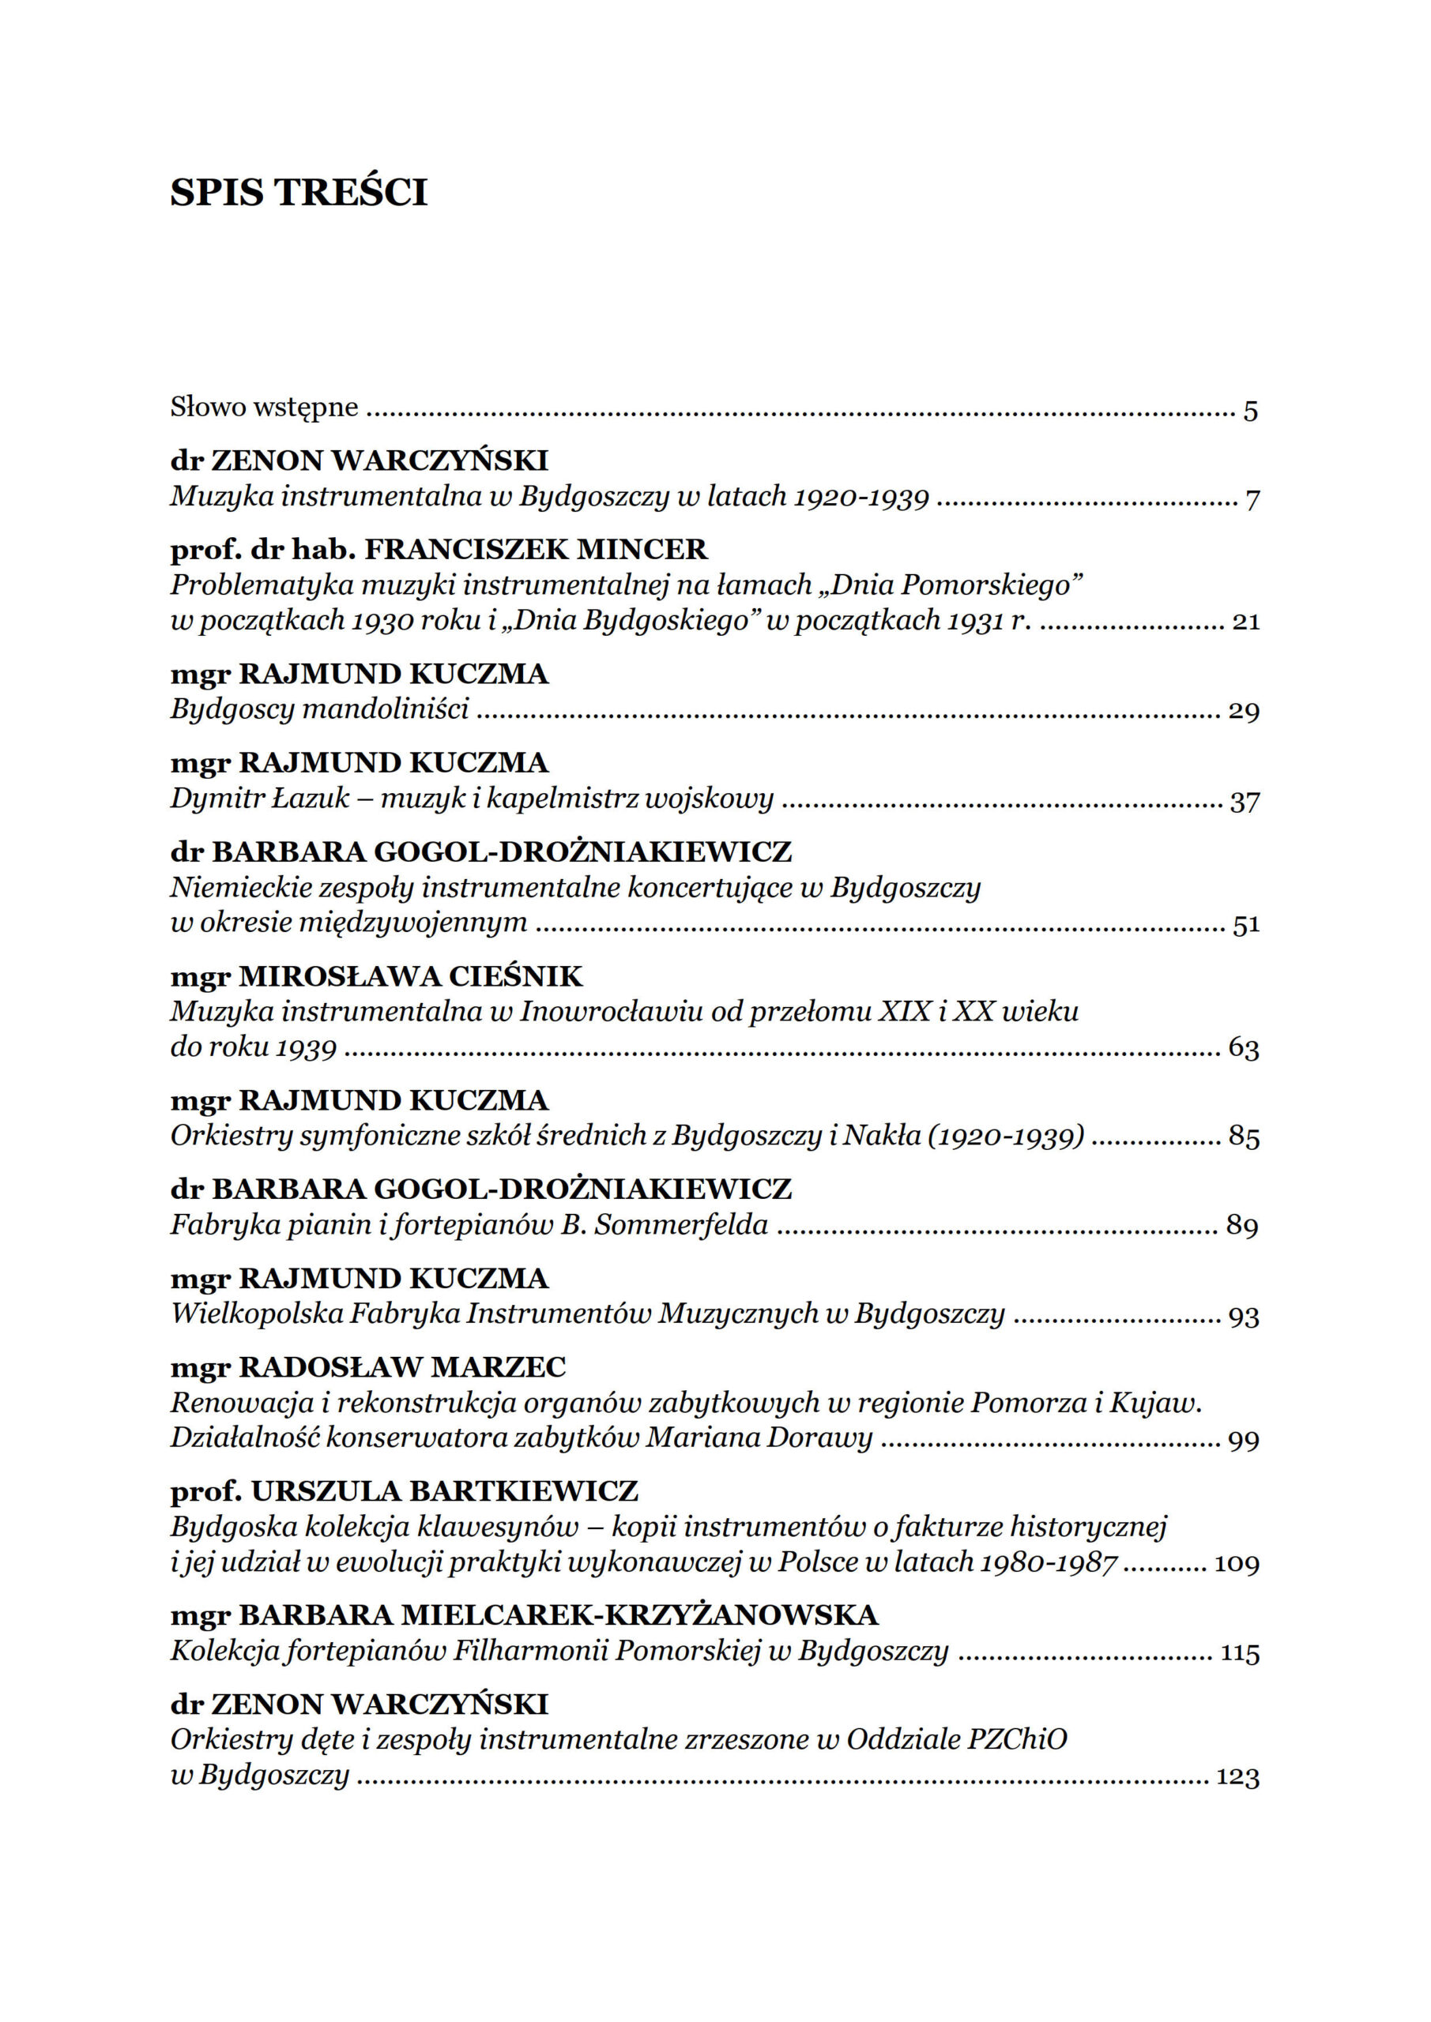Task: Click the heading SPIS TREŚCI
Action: pos(298,192)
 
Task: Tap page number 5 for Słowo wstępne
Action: pos(1250,412)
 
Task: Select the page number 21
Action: pos(1245,622)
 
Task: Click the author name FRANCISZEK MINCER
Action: pos(536,550)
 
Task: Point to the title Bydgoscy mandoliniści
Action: pos(319,709)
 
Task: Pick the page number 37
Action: pos(1245,801)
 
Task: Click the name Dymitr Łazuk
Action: pos(260,799)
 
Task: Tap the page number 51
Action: pos(1245,925)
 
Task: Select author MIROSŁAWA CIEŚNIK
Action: pos(411,977)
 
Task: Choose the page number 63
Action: pos(1243,1049)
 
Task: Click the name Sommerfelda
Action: pos(680,1225)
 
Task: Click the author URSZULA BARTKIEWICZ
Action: pos(444,1491)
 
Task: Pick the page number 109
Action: pos(1237,1564)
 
